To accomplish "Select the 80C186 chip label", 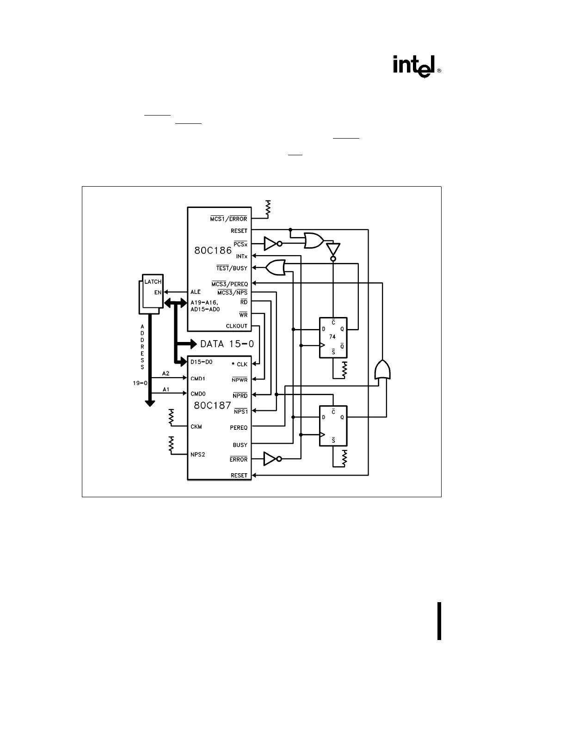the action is [213, 251].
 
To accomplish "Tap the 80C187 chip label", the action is [212, 405].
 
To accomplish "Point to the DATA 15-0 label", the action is [227, 344].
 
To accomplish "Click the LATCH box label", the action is [153, 281].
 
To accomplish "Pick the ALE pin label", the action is [196, 292].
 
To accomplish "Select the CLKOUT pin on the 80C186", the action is [236, 326].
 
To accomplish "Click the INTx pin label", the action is [241, 256].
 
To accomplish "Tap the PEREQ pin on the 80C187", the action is [239, 428].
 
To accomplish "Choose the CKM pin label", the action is [196, 427].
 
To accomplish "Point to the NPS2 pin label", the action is [197, 454].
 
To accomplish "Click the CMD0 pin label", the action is [197, 394].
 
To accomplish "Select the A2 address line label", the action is [166, 373].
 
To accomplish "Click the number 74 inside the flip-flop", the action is [332, 337].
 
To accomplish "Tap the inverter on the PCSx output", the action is [272, 243].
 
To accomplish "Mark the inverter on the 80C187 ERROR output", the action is [272, 459].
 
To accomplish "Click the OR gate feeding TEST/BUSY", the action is [276, 268].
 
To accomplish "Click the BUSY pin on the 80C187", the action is [240, 445].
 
